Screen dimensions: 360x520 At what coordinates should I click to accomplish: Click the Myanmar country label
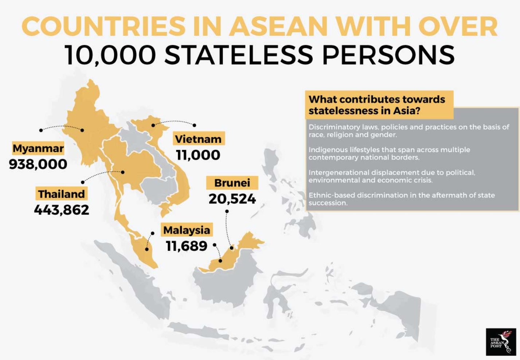(38, 148)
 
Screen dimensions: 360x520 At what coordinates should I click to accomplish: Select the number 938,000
(38, 164)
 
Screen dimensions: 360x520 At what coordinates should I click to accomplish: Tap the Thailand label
(61, 194)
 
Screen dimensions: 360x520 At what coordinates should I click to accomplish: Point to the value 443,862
(61, 210)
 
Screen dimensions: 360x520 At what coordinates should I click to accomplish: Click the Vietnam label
(198, 139)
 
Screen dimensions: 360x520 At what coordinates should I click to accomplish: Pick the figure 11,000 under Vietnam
(198, 155)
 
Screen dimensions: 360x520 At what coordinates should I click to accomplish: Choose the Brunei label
(232, 183)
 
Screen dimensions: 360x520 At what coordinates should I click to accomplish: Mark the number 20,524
(232, 199)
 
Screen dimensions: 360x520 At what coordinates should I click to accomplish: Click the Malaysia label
(187, 230)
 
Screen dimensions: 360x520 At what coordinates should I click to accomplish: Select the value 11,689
(187, 246)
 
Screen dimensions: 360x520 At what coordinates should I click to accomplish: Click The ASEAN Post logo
(501, 342)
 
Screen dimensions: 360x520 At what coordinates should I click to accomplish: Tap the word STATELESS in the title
(239, 55)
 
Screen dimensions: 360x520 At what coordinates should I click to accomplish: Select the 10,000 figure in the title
(110, 55)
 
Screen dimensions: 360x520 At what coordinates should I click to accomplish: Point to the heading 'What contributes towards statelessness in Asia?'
(377, 105)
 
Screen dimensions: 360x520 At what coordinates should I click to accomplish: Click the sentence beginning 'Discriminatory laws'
(408, 131)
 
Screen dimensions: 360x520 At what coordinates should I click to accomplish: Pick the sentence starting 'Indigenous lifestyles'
(389, 154)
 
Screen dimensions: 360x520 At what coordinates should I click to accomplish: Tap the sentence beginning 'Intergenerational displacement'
(392, 176)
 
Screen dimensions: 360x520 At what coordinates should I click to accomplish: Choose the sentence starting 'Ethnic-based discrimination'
(402, 199)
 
